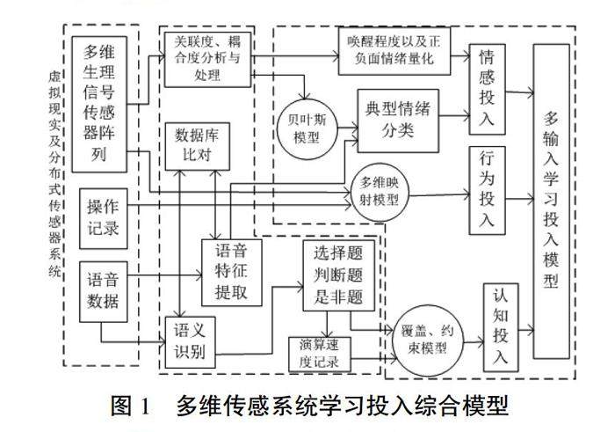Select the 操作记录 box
tap(103, 217)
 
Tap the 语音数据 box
tap(103, 292)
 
